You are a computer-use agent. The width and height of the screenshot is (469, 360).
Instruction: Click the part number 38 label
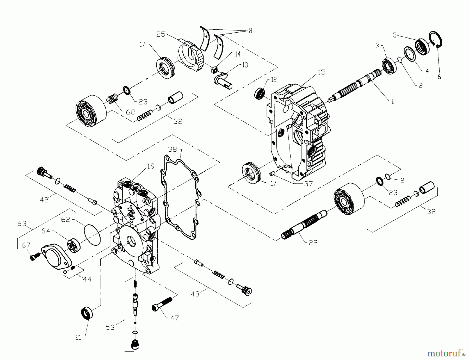172,149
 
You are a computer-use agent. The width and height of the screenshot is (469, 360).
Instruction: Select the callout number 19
151,166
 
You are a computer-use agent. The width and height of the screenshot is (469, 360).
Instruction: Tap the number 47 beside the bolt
175,318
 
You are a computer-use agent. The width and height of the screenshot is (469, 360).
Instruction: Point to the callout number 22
313,243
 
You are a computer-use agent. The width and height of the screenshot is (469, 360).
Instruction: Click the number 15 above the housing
322,72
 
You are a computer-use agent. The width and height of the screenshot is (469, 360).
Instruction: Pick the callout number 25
161,34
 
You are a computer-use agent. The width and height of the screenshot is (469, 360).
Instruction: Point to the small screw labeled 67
35,256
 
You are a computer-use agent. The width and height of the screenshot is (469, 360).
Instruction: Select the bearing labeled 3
389,67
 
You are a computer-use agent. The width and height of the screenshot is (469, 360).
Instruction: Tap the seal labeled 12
260,93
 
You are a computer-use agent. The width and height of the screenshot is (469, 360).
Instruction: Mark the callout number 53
110,327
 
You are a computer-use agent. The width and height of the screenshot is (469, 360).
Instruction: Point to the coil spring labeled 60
113,100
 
